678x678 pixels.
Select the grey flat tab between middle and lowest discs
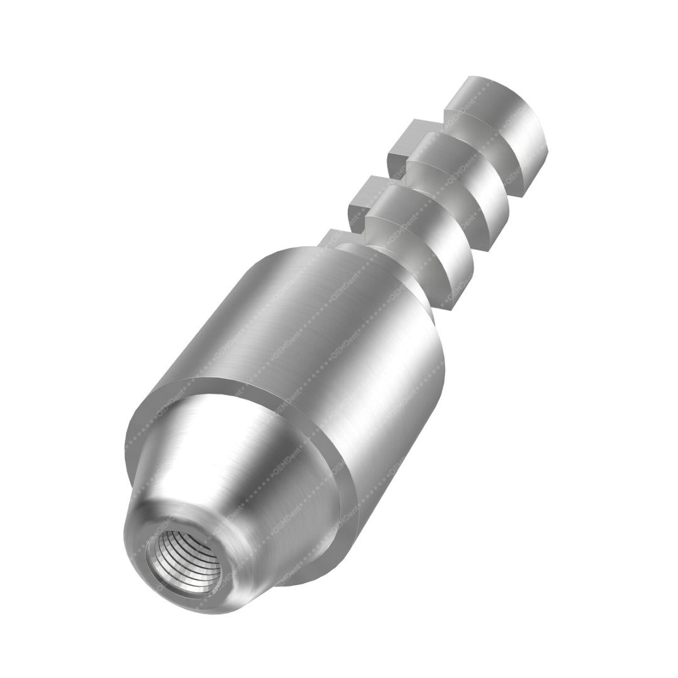coord(364,195)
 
